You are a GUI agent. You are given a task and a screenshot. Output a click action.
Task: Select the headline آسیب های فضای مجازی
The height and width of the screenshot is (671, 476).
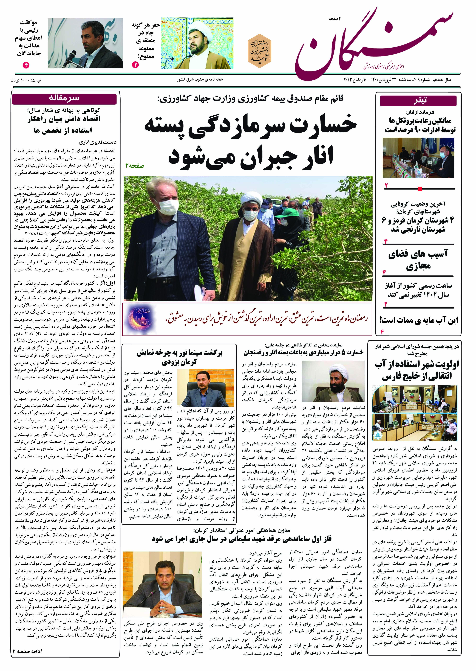click(418, 260)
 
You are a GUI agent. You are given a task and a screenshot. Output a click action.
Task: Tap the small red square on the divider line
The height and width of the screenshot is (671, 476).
click(420, 189)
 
